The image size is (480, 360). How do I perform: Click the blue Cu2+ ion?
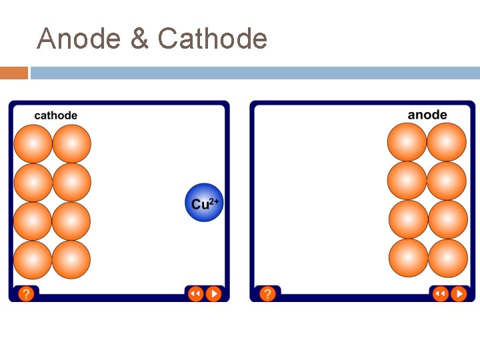[x=203, y=202]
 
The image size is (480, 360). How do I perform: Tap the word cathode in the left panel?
[x=56, y=115]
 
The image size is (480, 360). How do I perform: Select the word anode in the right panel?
[x=427, y=115]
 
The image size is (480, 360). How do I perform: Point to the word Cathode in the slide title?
[x=213, y=39]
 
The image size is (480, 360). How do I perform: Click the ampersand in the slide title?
[x=140, y=39]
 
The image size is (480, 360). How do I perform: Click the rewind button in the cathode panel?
[x=195, y=293]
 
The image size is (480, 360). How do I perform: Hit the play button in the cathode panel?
[x=213, y=293]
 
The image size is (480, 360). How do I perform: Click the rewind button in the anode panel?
[x=440, y=293]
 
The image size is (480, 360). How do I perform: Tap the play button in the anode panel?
[x=459, y=293]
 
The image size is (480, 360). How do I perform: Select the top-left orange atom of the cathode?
[x=33, y=144]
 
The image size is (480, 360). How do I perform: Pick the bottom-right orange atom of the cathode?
[x=71, y=259]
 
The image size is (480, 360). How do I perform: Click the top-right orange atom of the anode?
[x=447, y=143]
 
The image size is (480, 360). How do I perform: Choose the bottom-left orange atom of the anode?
[x=408, y=258]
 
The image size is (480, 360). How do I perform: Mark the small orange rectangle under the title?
[x=14, y=73]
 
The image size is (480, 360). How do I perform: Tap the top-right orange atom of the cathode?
[x=71, y=144]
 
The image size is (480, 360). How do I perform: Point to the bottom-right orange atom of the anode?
[x=447, y=258]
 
